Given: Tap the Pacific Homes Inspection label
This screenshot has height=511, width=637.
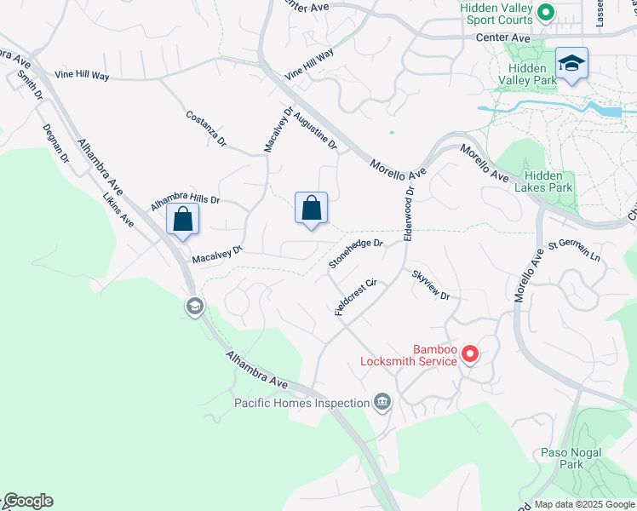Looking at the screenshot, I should (303, 402).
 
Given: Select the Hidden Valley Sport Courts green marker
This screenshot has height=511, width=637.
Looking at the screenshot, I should (546, 13).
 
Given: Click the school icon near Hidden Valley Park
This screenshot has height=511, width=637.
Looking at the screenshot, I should (571, 64).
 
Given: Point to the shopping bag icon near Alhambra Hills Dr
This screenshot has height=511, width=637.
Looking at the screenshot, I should (183, 219).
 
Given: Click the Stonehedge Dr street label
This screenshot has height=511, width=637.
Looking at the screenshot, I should (356, 254).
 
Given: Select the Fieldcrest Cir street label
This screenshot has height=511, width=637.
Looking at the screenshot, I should (356, 297).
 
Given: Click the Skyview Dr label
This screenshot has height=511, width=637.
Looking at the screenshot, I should (430, 285).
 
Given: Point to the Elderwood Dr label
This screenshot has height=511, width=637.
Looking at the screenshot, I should (410, 215).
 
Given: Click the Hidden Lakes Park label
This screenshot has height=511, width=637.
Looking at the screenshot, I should (548, 181).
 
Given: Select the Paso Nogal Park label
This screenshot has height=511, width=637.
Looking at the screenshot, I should (571, 458).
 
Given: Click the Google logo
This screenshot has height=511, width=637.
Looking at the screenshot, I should (27, 501).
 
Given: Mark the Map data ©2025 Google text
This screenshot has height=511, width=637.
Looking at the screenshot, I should (584, 504).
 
